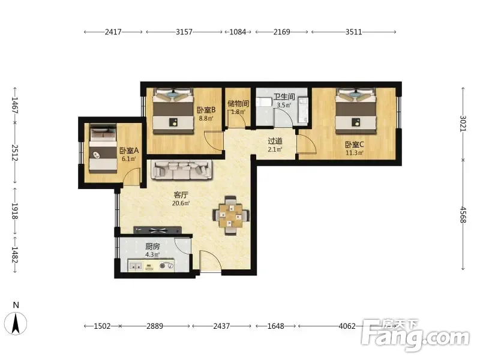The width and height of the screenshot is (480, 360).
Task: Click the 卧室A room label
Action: (129, 151)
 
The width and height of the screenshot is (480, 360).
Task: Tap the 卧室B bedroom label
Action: (206, 110)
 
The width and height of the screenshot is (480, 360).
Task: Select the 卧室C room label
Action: (355, 145)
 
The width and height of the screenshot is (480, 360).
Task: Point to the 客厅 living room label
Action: (181, 195)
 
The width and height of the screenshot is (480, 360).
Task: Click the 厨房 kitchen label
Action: (152, 246)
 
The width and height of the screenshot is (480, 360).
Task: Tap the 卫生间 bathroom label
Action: (284, 97)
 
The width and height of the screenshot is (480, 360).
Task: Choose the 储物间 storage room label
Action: (238, 103)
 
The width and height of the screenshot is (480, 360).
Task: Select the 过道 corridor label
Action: (275, 141)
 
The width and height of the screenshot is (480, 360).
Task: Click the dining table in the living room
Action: (231, 215)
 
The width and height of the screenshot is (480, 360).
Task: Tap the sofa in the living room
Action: (183, 170)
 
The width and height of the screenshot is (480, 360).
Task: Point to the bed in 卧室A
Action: (103, 148)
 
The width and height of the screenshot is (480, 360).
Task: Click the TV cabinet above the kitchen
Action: (158, 230)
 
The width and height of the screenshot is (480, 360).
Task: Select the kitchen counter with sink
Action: (151, 265)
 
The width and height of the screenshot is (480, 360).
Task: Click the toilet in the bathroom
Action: (263, 101)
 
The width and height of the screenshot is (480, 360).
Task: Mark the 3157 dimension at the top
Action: (184, 32)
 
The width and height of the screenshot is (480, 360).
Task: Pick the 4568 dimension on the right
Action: (463, 215)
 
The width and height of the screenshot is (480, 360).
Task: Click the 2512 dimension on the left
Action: (14, 152)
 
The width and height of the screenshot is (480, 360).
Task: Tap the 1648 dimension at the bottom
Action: (276, 326)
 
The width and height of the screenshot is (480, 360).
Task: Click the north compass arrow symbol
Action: (16, 323)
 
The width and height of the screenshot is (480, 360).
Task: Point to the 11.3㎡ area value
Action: (355, 153)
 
